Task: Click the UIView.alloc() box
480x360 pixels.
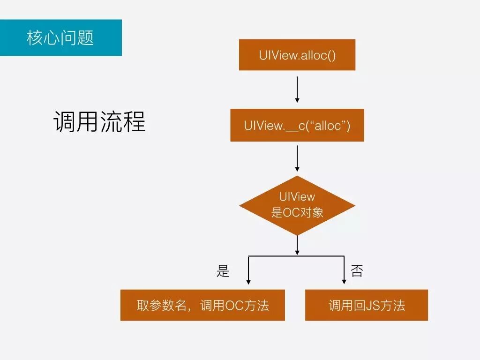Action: [297, 55]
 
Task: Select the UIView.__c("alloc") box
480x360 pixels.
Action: [297, 125]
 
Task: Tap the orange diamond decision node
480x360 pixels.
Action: [297, 205]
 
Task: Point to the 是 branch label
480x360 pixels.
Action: [223, 271]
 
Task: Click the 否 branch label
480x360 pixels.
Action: [357, 271]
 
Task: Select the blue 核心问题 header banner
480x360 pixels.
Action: [60, 37]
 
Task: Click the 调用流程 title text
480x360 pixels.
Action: [99, 122]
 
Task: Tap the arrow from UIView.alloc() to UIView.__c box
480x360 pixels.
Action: [297, 89]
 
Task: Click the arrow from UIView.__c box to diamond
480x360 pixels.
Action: [297, 158]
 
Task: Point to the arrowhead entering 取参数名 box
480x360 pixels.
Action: [248, 282]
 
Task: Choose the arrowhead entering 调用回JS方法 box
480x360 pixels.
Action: [344, 282]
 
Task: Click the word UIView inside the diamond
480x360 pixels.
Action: [297, 196]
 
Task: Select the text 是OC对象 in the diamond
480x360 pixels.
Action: [297, 212]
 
